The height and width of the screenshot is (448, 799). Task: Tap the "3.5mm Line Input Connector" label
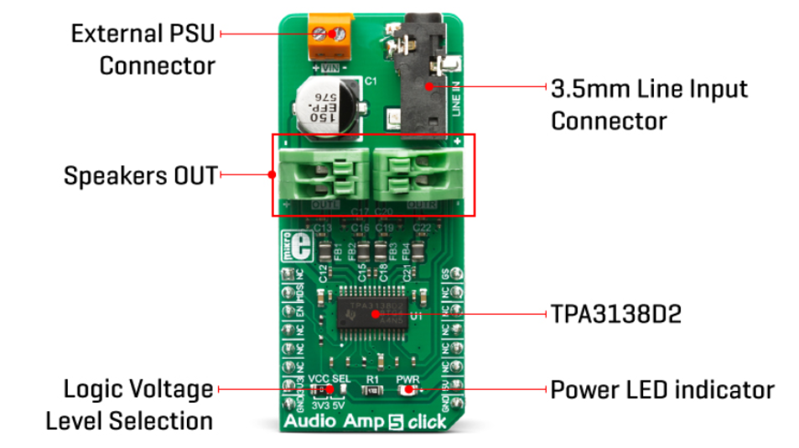coord(648,104)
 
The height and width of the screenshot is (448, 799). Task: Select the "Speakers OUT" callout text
coord(140,176)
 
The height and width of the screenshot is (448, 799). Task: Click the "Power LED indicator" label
coord(662,390)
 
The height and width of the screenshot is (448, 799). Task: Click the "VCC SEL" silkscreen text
coord(325,378)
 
